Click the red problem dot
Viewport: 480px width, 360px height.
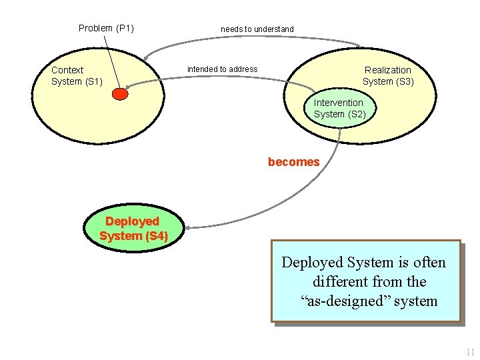point(119,94)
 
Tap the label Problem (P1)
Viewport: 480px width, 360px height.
point(106,28)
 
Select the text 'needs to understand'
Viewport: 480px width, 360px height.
point(257,29)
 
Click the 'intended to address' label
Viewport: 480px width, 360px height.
point(222,69)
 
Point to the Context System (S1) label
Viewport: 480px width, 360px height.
point(76,75)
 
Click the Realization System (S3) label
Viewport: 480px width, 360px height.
point(388,75)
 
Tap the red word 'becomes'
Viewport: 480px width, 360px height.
point(293,162)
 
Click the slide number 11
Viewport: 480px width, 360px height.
point(470,352)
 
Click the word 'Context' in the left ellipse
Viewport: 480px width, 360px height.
point(67,70)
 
